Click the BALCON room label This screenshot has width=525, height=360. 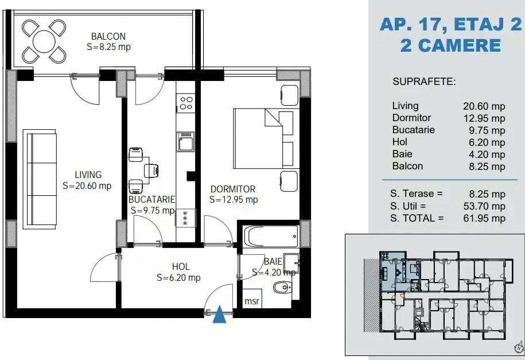tap(108, 37)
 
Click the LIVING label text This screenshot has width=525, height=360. tap(88, 175)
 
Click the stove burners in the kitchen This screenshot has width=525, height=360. tap(186, 103)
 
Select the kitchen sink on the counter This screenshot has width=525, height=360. tap(186, 141)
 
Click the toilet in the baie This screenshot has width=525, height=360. tap(281, 287)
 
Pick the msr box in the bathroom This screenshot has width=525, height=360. tap(251, 301)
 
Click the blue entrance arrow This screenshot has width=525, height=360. tap(219, 315)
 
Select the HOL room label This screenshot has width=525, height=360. tap(181, 267)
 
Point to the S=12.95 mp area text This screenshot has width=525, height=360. tap(233, 200)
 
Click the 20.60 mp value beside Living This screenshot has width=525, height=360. tap(484, 106)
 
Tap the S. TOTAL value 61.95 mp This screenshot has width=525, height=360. tap(484, 218)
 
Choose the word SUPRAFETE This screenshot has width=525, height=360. tap(424, 82)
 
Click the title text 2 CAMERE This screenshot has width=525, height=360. tap(450, 45)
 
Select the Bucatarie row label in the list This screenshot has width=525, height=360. tap(413, 130)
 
